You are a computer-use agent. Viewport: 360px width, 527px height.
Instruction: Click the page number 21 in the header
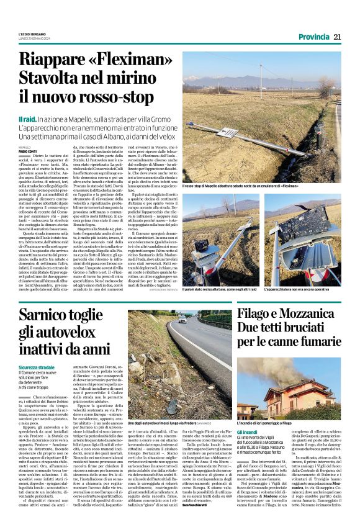click(337, 37)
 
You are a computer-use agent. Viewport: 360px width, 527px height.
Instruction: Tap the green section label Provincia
click(312, 37)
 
